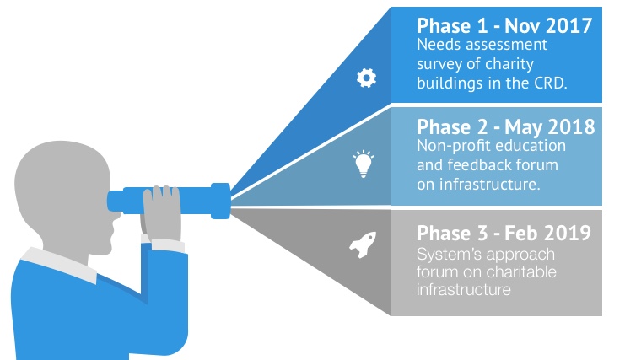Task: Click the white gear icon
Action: click(x=366, y=78)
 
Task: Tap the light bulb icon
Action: click(x=364, y=164)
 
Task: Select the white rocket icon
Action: click(x=364, y=244)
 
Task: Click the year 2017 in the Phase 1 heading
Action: click(x=569, y=26)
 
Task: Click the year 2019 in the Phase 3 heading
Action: click(x=568, y=233)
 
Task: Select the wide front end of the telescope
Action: click(x=220, y=201)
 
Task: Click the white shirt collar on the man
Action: click(x=59, y=264)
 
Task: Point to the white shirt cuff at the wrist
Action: click(x=168, y=244)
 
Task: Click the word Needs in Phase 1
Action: click(x=439, y=45)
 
